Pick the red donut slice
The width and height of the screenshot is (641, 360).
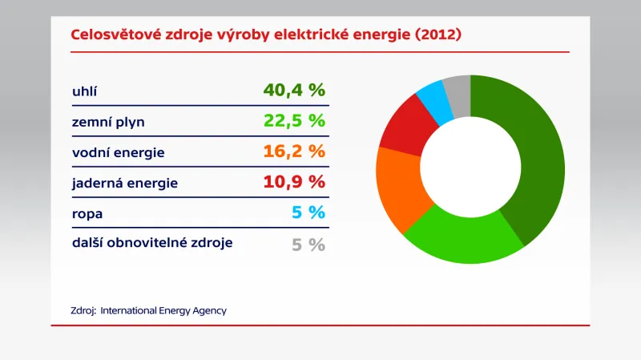(x=405, y=128)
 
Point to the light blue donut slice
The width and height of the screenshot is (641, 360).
(x=433, y=97)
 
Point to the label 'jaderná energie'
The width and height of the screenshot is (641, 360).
(x=124, y=183)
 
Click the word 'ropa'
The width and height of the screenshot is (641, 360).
(x=87, y=214)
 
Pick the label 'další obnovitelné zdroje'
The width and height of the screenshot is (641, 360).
(x=152, y=242)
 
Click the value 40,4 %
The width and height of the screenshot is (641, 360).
(x=294, y=90)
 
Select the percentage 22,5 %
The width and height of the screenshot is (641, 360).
(x=294, y=121)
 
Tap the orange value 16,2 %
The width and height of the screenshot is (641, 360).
(x=294, y=152)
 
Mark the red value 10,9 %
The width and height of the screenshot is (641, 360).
(x=294, y=182)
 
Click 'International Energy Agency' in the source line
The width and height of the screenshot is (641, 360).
(x=163, y=310)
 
